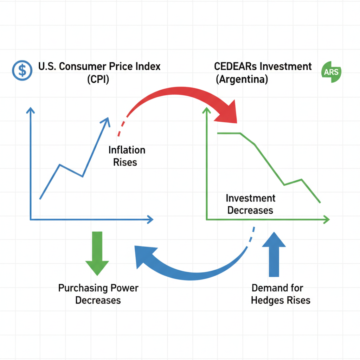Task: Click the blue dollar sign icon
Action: tap(22, 70)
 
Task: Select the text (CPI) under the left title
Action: tap(98, 79)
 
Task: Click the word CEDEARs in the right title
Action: tap(235, 66)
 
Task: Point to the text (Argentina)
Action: tap(242, 79)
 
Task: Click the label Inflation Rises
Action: tap(127, 156)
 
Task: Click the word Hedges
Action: tap(268, 301)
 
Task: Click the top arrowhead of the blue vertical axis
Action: tap(31, 111)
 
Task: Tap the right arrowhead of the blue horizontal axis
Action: tap(150, 220)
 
